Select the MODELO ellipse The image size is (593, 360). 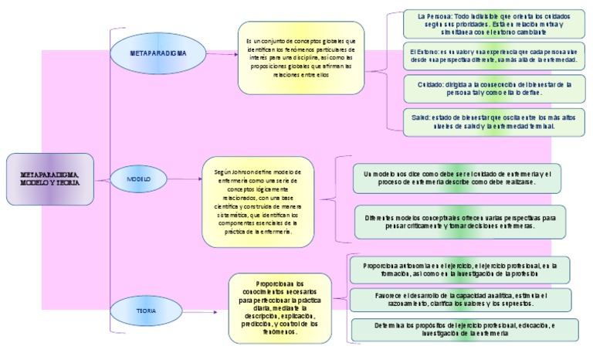pos(139,179)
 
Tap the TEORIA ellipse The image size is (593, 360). pos(147,310)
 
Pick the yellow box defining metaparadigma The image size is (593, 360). pos(300,58)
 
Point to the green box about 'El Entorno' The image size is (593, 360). pos(494,55)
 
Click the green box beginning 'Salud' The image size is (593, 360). pos(494,121)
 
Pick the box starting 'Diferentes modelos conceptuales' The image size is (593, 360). pos(459,222)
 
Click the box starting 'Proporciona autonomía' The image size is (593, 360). pos(459,270)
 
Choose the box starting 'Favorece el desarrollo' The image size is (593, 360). pos(460,300)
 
